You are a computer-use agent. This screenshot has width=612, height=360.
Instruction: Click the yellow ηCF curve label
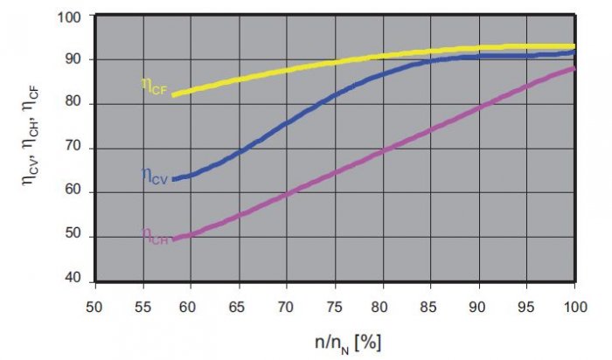pos(154,87)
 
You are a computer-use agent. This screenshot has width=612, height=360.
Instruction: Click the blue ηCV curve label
pos(155,176)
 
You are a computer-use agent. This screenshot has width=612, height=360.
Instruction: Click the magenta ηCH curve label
pos(155,237)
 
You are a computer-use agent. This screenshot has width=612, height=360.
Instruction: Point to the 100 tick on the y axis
pos(69,17)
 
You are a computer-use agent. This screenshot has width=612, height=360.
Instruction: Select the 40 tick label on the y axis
pos(73,278)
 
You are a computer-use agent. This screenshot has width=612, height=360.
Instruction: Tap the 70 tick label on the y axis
pos(73,146)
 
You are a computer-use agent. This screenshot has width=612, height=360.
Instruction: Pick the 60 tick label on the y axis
pos(73,190)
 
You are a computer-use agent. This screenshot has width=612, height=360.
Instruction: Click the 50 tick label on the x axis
pos(94,307)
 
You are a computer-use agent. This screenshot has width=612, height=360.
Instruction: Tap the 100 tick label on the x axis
pos(575,307)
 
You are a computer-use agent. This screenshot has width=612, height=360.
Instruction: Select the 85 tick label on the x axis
pos(429,307)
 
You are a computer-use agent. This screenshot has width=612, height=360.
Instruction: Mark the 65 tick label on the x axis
pos(237,307)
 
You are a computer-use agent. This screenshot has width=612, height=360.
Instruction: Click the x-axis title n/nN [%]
pos(348,343)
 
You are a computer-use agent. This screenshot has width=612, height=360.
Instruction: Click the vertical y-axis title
pos(31,137)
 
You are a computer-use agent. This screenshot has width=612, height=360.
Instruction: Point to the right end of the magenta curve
pos(574,69)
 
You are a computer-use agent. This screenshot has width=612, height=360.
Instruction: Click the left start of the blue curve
pos(173,179)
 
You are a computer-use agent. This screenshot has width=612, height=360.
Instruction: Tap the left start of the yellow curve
pos(173,94)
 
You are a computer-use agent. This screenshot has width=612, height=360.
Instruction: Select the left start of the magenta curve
pos(173,239)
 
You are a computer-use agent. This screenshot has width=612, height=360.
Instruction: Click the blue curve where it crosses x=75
pos(335,94)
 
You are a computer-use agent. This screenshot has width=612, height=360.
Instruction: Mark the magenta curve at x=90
pos(479,107)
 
